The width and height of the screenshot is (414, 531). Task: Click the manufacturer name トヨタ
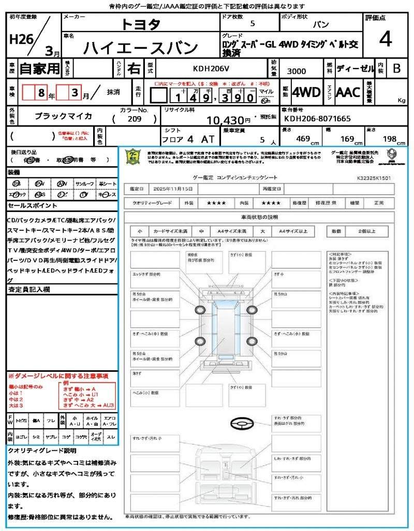[x=141, y=24]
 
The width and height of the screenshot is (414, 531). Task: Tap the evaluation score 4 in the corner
[x=385, y=39]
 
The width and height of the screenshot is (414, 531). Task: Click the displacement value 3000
[x=296, y=71]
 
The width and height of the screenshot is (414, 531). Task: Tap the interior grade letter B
[x=396, y=68]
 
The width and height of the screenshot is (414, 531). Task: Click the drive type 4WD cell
[x=306, y=92]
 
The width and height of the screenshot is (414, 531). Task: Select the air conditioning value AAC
[x=348, y=92]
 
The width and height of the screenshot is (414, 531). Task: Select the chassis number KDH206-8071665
[x=318, y=119]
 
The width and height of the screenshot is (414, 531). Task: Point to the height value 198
[x=389, y=138]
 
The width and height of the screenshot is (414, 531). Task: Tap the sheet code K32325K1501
[x=374, y=178]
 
